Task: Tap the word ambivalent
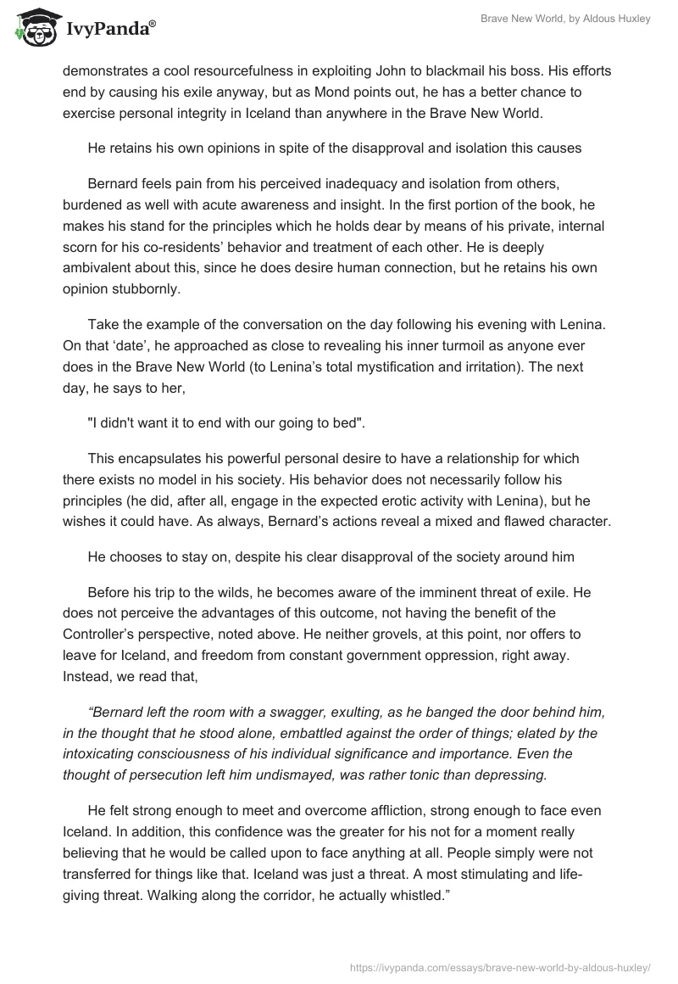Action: click(97, 269)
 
